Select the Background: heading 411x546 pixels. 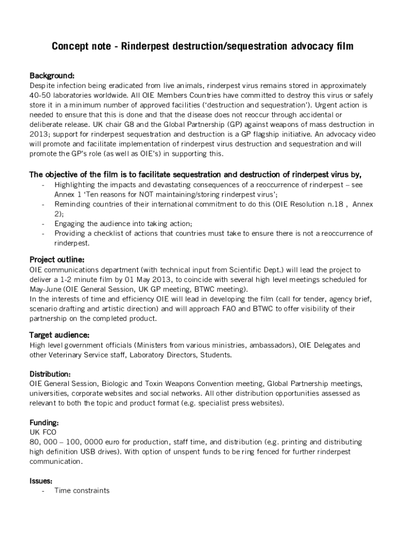pos(52,75)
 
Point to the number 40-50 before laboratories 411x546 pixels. pos(40,95)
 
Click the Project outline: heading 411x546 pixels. pos(57,260)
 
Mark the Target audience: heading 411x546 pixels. pos(59,335)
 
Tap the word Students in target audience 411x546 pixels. pos(216,355)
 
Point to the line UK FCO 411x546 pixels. pos(43,432)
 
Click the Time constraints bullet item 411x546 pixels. pos(82,491)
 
